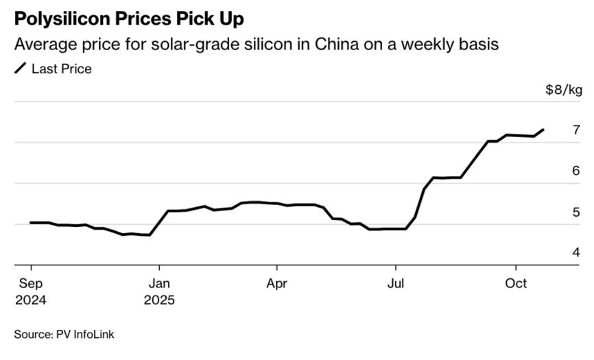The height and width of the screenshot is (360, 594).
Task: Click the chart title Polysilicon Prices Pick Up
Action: point(128,19)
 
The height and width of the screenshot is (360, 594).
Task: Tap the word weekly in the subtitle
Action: point(432,45)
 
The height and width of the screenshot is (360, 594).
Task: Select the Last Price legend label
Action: point(62,69)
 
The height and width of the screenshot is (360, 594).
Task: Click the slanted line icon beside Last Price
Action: point(21,69)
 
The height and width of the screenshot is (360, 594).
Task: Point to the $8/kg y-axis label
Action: point(564,90)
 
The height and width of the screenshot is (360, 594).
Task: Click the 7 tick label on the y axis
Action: point(577,130)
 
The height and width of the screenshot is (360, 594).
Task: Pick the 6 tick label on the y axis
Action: point(577,171)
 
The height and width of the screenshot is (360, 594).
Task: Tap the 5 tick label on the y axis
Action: point(577,212)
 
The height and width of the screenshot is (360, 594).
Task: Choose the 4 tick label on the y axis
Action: point(577,252)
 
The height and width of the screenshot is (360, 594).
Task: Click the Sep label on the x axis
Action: point(31,283)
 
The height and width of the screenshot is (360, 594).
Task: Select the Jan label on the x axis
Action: point(160,283)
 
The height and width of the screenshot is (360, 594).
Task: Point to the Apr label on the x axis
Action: point(277,283)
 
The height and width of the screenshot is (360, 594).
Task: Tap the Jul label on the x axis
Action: point(395,283)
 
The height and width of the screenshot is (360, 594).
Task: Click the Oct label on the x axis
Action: point(516,283)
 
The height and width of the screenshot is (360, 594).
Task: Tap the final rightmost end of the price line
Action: point(544,129)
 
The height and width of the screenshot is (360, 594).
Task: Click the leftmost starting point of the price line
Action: point(30,222)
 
